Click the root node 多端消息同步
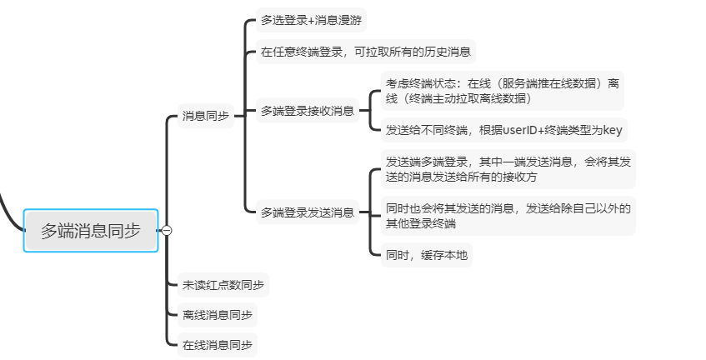[x=91, y=230]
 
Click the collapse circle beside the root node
[x=166, y=230]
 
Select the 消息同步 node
[x=206, y=117]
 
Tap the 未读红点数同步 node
[x=223, y=285]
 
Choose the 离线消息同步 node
[x=218, y=315]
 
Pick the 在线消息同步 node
[x=218, y=344]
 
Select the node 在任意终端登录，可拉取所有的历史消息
[x=366, y=52]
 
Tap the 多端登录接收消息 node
[x=308, y=110]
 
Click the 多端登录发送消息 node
[x=308, y=212]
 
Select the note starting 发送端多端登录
[x=507, y=168]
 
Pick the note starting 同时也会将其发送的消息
[x=507, y=215]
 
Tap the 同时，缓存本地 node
[x=426, y=255]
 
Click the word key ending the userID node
[x=612, y=130]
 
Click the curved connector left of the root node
[x=10, y=212]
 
